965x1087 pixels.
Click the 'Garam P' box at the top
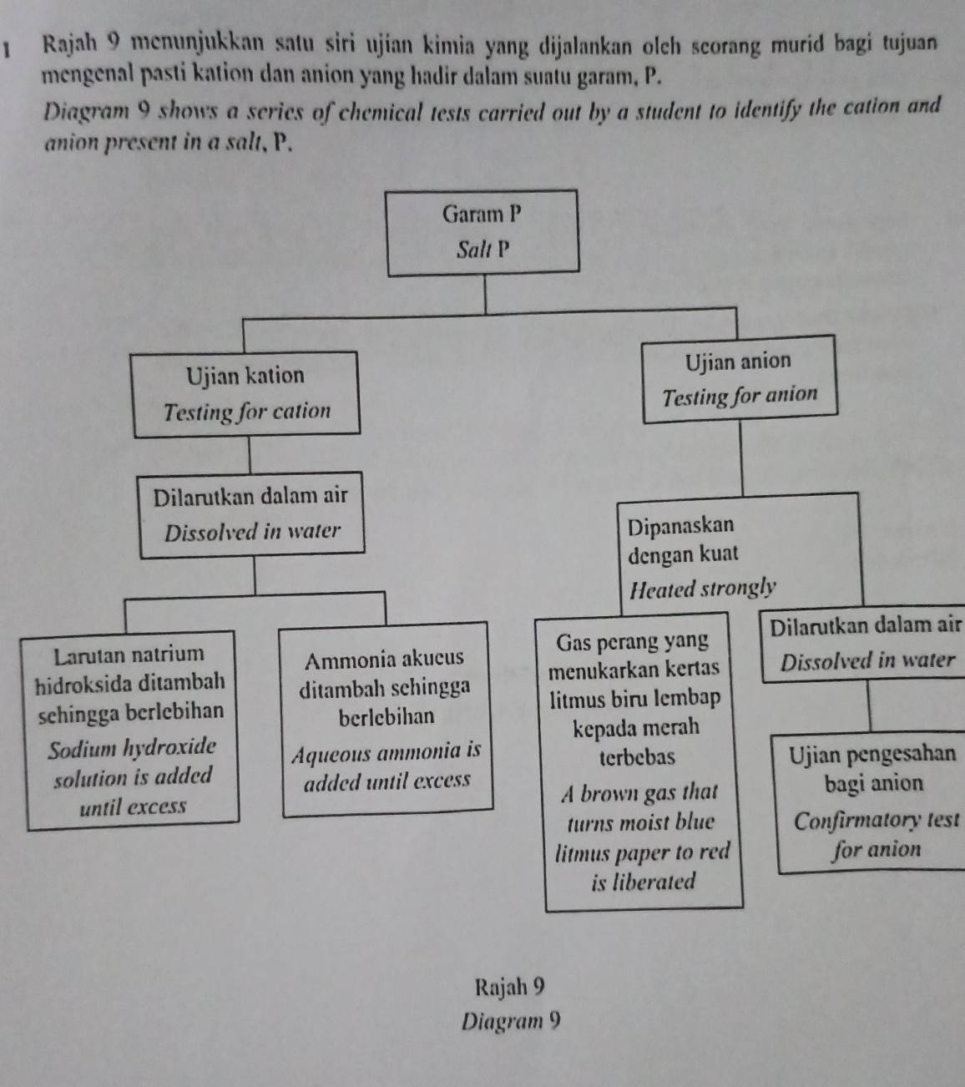coord(482,230)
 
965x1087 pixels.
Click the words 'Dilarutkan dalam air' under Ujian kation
coord(250,496)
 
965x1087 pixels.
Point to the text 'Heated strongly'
coord(703,589)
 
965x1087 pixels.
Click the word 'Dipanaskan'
coord(680,526)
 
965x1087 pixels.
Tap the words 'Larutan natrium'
coord(129,654)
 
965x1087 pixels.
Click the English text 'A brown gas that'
coord(640,791)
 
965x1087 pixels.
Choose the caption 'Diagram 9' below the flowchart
coord(511,1021)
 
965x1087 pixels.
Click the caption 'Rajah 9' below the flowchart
coord(509,987)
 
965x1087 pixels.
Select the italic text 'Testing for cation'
coord(247,412)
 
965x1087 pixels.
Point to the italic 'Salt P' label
coord(482,250)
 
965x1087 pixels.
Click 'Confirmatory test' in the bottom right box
coord(875,821)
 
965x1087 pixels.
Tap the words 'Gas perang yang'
coord(632,642)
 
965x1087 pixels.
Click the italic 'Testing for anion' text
coord(739,397)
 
